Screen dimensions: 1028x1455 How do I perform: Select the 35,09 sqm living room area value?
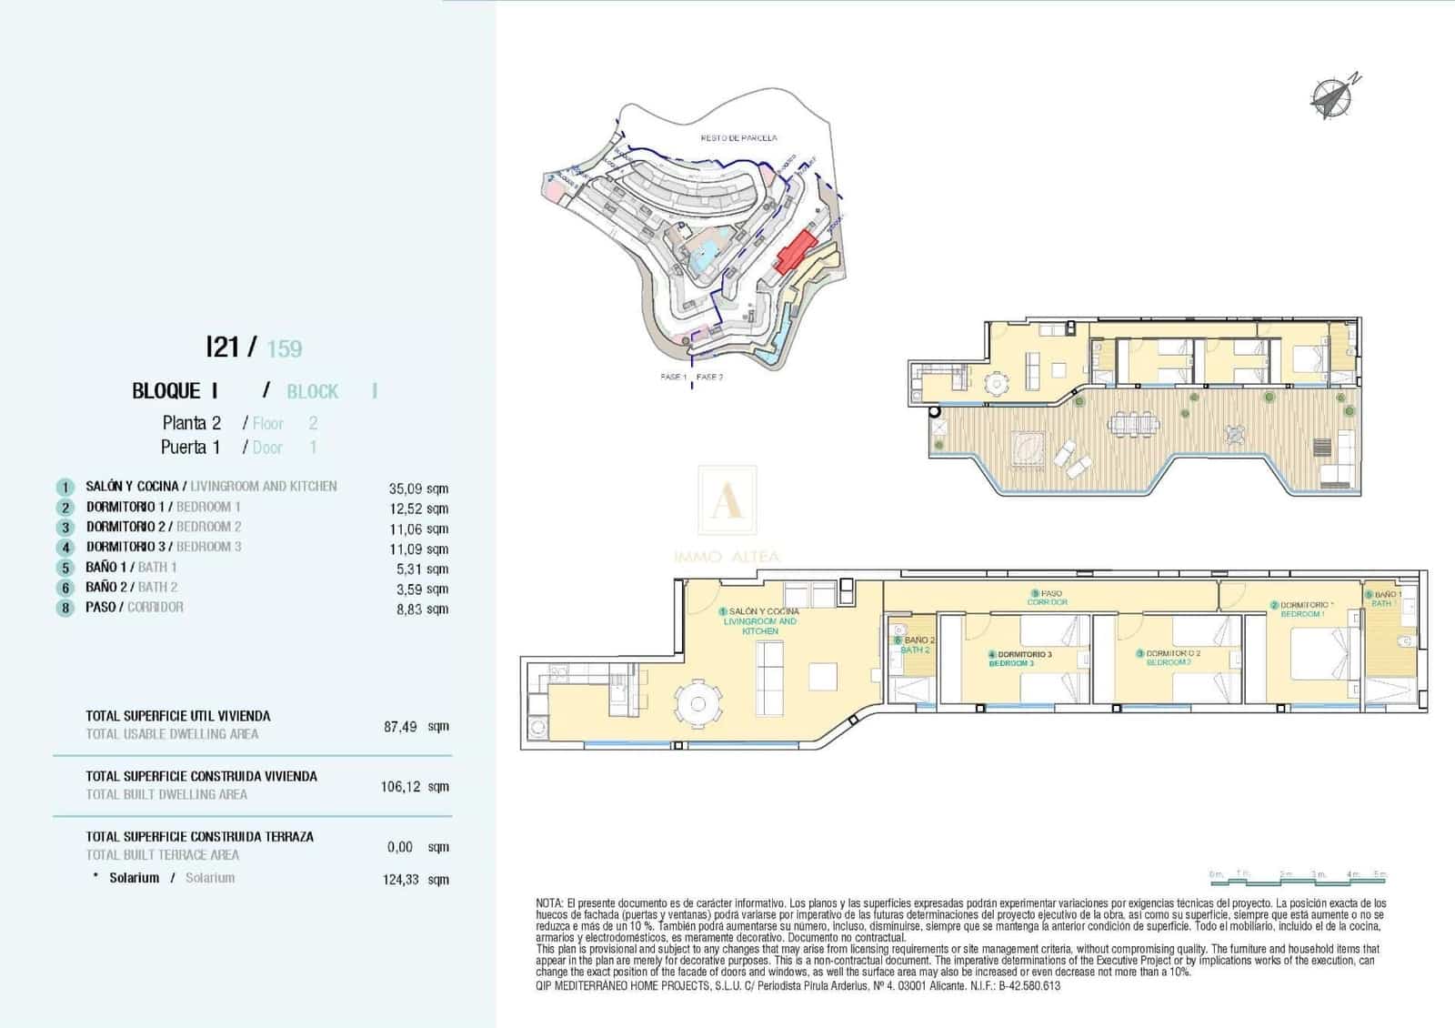[x=418, y=489]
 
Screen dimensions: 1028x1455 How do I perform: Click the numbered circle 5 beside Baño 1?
[x=65, y=568]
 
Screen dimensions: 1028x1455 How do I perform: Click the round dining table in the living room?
[x=698, y=704]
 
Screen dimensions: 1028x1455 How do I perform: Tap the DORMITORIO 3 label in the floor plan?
[x=1024, y=654]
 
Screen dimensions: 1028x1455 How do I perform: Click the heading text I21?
[x=223, y=347]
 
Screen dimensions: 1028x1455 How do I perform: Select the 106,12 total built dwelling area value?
[x=401, y=787]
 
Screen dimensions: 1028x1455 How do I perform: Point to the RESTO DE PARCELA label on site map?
[x=738, y=138]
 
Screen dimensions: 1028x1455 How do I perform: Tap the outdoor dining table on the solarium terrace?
[x=1133, y=424]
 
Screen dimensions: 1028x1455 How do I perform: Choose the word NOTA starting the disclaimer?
[x=549, y=903]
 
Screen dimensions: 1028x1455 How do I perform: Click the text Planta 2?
[x=191, y=423]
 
